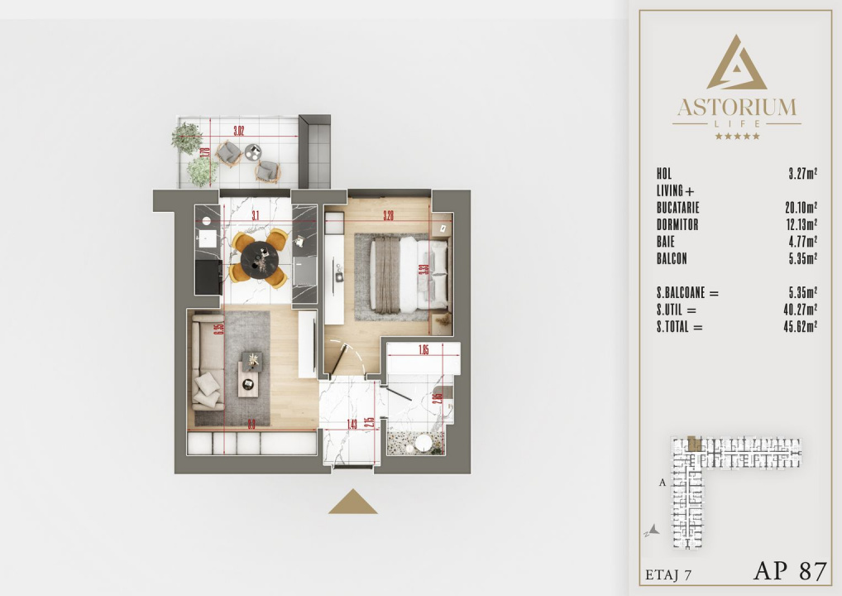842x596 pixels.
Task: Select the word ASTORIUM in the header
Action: coord(736,108)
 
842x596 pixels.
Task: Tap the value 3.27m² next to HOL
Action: coord(802,174)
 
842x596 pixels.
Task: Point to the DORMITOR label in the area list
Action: coord(677,225)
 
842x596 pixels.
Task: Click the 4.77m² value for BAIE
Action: coord(802,242)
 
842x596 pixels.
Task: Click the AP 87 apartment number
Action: coord(789,570)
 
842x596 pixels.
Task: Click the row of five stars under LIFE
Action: coord(736,136)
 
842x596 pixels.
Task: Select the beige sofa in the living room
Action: coord(207,362)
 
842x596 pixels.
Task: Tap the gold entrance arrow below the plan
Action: coord(352,502)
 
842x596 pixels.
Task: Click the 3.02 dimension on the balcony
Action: coord(238,131)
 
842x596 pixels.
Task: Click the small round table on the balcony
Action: coord(253,151)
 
